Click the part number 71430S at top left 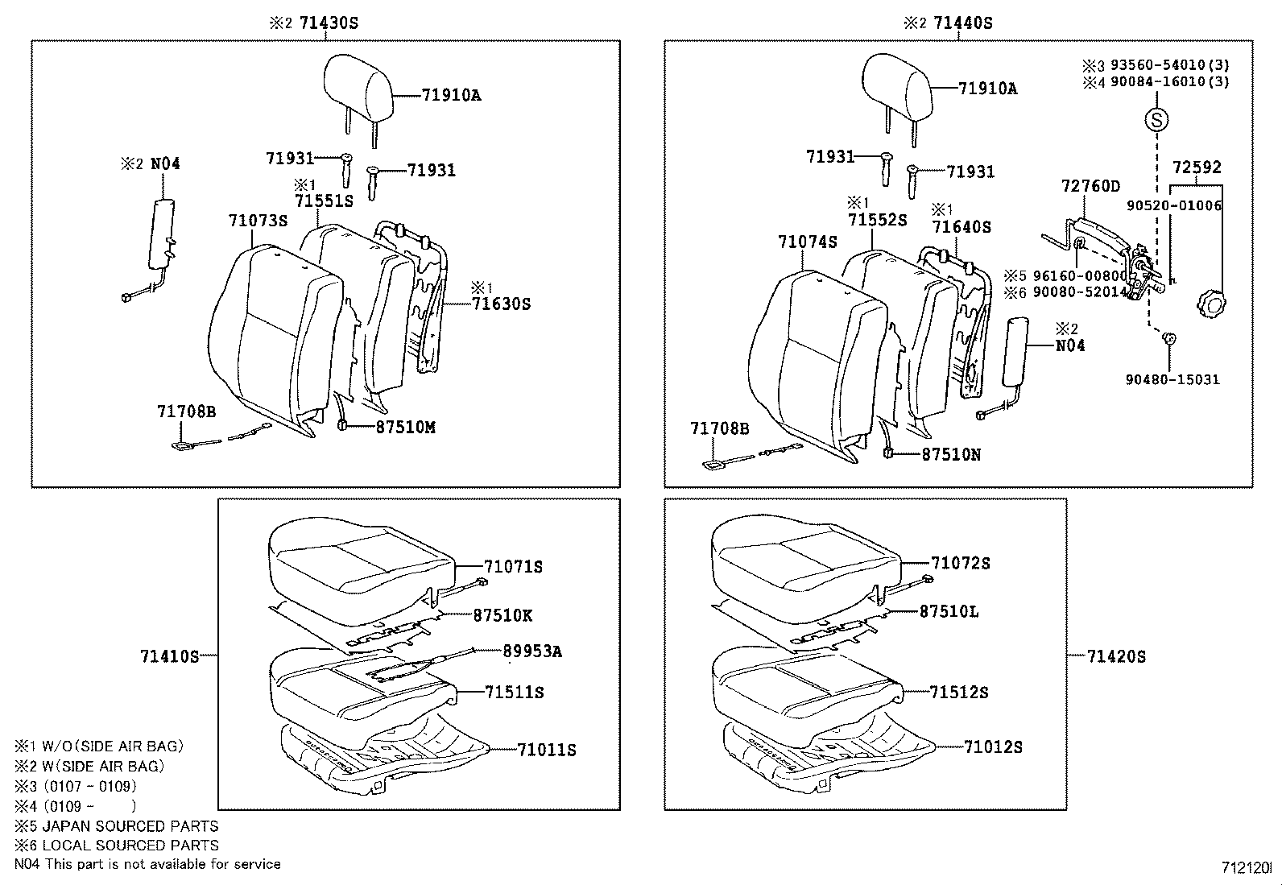tap(328, 23)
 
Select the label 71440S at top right tap(962, 23)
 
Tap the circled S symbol tap(1157, 121)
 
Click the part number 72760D tap(1090, 187)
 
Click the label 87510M tap(405, 428)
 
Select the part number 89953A tap(532, 651)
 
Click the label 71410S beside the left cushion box tap(169, 656)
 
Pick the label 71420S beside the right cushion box tap(1116, 656)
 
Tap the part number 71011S tap(547, 750)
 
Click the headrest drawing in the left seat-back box tap(358, 85)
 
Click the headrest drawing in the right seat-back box tap(896, 85)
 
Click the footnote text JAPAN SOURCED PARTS tap(130, 826)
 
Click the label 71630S tap(501, 304)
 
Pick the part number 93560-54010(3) tap(1169, 65)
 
